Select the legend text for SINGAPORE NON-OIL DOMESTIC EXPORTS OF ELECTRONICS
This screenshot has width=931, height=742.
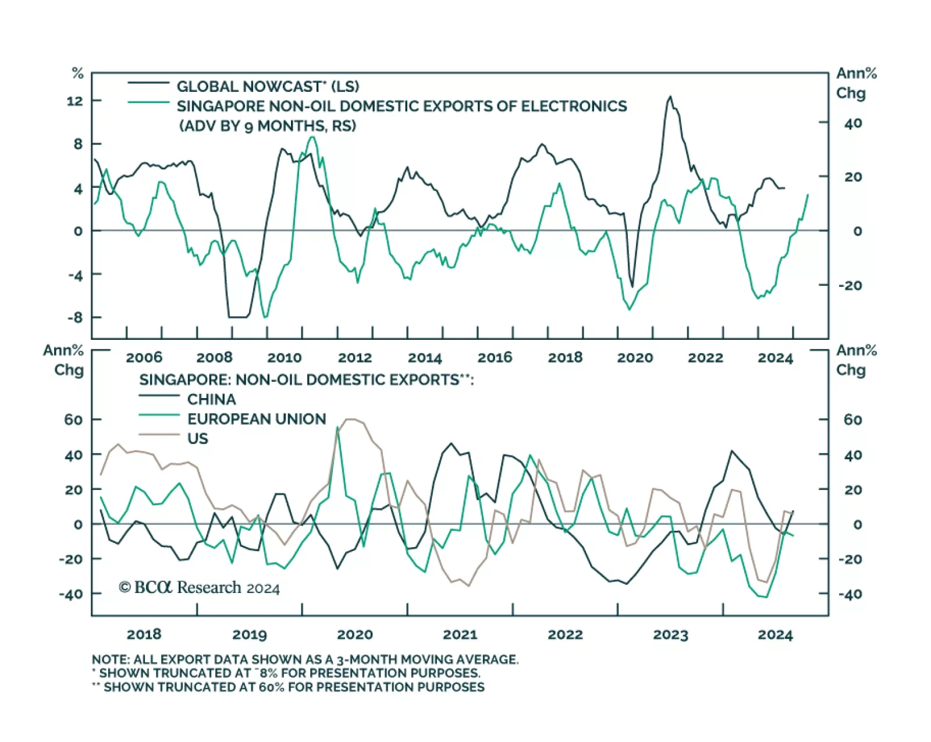click(x=401, y=106)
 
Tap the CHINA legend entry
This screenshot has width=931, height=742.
click(x=211, y=399)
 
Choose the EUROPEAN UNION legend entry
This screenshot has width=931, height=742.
click(x=256, y=419)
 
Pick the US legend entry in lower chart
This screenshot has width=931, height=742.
click(x=197, y=438)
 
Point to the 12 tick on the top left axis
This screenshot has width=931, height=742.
click(x=75, y=101)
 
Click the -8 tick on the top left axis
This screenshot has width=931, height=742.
click(x=75, y=318)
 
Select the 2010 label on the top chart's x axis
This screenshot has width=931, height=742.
click(x=284, y=357)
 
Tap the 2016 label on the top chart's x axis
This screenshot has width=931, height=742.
click(x=495, y=357)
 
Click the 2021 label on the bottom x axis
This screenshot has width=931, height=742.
click(x=460, y=634)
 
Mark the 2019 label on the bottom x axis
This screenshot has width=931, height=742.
click(x=249, y=634)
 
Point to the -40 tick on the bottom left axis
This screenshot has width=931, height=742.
click(x=71, y=594)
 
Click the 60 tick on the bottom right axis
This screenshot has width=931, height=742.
click(x=852, y=420)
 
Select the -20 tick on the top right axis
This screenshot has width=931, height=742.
click(x=850, y=286)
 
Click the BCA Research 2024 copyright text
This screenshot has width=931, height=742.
click(x=199, y=588)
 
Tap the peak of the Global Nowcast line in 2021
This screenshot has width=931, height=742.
click(x=670, y=97)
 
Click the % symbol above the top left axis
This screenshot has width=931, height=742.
click(x=77, y=73)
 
